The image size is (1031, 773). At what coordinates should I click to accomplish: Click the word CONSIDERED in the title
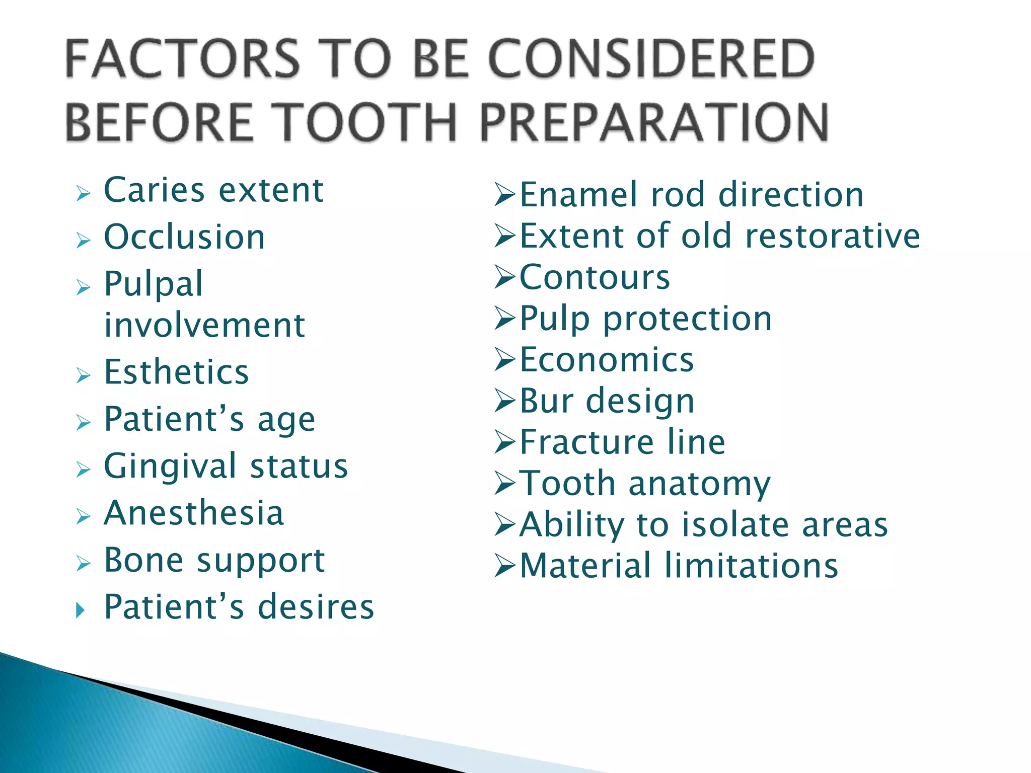click(x=651, y=59)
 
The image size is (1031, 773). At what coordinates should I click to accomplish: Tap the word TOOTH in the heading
click(x=366, y=123)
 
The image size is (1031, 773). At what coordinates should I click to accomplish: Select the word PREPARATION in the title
click(x=654, y=123)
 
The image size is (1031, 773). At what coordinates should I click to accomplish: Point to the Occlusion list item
click(x=184, y=237)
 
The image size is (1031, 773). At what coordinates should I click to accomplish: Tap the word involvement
click(x=204, y=325)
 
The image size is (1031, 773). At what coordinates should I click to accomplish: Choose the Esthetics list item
click(x=176, y=372)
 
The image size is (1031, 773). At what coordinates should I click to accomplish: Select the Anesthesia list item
click(x=194, y=513)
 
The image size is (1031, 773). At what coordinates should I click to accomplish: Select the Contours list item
click(x=594, y=277)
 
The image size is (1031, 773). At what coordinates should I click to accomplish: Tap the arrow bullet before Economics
click(x=505, y=360)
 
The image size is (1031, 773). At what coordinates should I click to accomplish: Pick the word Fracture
click(x=586, y=442)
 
